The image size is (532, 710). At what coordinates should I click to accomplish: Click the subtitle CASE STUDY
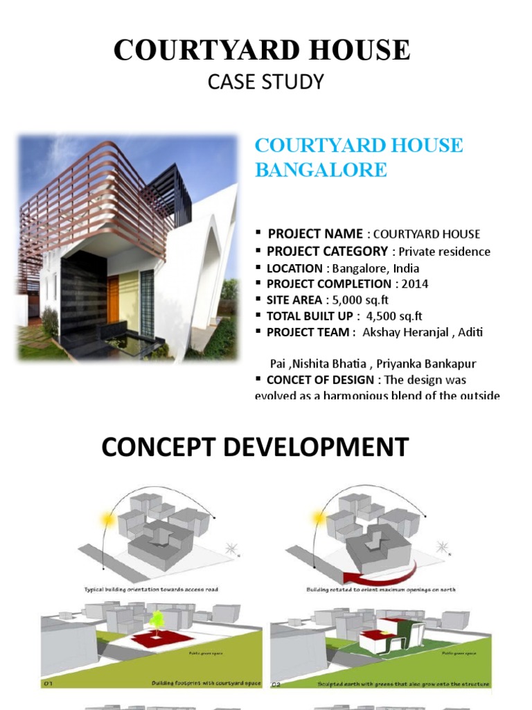click(266, 82)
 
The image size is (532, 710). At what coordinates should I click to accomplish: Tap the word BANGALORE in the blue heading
click(321, 170)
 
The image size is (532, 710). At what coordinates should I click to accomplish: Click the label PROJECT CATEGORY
click(328, 251)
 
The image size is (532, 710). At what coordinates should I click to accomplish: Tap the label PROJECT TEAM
click(308, 332)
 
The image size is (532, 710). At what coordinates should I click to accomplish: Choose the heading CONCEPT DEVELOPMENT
click(255, 447)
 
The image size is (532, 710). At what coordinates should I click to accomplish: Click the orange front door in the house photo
click(113, 299)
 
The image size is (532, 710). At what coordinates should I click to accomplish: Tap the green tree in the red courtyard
click(157, 619)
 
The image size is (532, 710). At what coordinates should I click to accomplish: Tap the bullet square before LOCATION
click(258, 267)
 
